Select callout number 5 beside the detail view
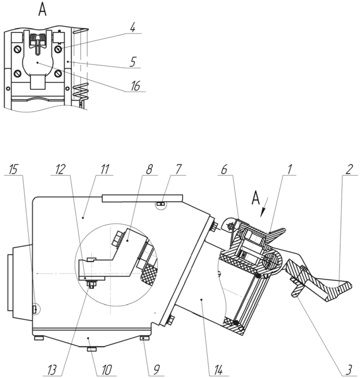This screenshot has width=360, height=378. click(133, 62)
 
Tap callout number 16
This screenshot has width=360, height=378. click(136, 86)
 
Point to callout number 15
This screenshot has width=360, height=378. click(13, 170)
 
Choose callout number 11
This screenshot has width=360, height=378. click(105, 170)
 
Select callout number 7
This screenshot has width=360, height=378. click(178, 170)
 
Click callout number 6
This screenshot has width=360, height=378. click(224, 170)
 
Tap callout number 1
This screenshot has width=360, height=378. click(289, 170)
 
